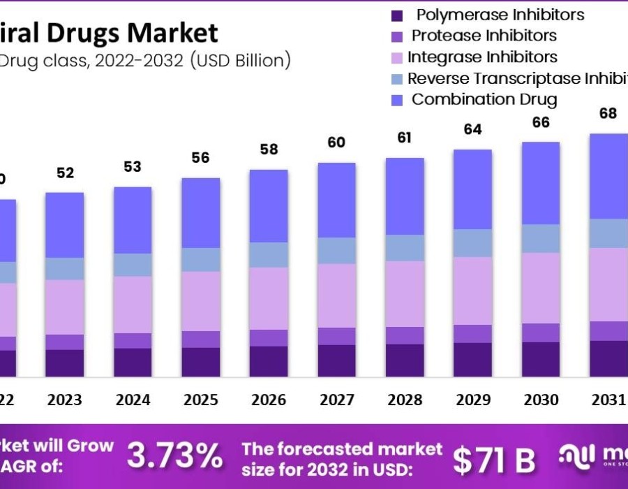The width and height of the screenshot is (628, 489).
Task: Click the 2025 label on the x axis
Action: [x=201, y=400]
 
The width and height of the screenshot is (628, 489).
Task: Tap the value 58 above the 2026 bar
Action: [x=269, y=149]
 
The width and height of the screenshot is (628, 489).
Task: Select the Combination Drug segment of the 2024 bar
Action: [x=133, y=220]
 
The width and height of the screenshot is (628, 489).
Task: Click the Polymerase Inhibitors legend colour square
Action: [x=398, y=15]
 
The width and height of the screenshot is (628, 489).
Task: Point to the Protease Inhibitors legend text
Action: [x=484, y=36]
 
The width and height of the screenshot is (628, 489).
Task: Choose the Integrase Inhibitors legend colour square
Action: [x=398, y=57]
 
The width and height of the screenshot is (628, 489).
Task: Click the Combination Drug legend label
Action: [x=484, y=99]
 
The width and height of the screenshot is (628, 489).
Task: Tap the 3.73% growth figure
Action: [x=175, y=457]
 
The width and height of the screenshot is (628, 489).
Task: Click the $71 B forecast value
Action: [x=494, y=460]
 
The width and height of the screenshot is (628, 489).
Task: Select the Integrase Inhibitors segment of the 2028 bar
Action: [x=405, y=293]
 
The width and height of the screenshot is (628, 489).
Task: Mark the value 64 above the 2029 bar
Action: [x=472, y=129]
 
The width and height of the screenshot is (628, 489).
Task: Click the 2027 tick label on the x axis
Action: [x=336, y=400]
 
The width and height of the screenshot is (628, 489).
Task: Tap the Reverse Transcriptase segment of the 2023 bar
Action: [x=64, y=268]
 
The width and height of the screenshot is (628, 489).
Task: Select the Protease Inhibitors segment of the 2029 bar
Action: [x=472, y=333]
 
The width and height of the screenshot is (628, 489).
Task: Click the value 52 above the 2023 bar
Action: [x=65, y=173]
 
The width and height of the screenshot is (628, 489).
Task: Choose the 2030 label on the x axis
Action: [x=541, y=400]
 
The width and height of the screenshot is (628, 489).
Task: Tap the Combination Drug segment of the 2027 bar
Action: [x=337, y=200]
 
